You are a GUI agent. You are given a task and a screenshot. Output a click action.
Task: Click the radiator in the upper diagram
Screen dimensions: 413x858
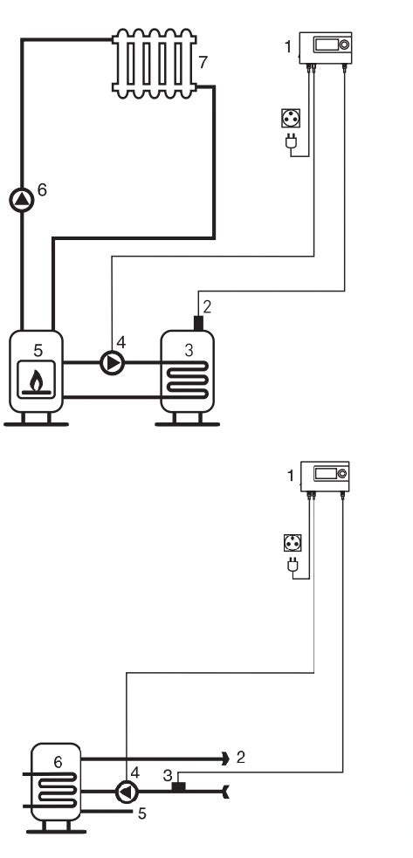tap(154, 64)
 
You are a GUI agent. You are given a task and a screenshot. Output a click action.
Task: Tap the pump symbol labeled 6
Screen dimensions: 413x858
tap(22, 200)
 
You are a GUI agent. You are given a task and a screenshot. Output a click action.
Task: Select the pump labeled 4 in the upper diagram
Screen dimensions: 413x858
tap(113, 363)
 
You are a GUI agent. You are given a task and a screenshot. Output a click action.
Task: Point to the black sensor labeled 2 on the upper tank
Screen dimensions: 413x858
tap(198, 323)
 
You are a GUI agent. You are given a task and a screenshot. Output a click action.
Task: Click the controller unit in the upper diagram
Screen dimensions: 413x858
tap(326, 48)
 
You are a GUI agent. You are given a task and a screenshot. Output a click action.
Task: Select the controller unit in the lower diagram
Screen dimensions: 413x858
tap(325, 476)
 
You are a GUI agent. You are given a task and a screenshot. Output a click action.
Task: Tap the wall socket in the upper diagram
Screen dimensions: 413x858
tap(290, 118)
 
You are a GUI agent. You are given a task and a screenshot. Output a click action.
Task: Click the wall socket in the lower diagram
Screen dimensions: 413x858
tap(293, 544)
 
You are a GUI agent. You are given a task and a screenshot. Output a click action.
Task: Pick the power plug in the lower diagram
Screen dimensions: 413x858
tap(293, 566)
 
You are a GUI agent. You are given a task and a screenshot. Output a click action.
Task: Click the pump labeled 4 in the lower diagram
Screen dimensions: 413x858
tap(127, 792)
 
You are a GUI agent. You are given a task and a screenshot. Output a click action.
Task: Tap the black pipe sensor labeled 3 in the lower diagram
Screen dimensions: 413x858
tap(179, 787)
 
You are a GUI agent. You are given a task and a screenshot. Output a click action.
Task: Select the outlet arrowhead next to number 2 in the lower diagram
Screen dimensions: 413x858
tap(225, 758)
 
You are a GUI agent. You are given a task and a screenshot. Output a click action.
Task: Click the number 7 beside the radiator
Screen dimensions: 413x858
tap(203, 63)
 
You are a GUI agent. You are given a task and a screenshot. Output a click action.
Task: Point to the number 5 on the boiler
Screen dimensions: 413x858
tap(38, 350)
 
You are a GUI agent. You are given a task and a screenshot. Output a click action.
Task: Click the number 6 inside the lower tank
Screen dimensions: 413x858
tap(58, 762)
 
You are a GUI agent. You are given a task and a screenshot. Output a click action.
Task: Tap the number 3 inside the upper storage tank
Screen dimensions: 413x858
tap(189, 350)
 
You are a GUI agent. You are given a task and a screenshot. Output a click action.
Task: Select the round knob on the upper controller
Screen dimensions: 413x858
tap(344, 45)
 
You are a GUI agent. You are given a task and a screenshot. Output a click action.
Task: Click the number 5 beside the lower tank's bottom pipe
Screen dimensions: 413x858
tap(141, 814)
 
